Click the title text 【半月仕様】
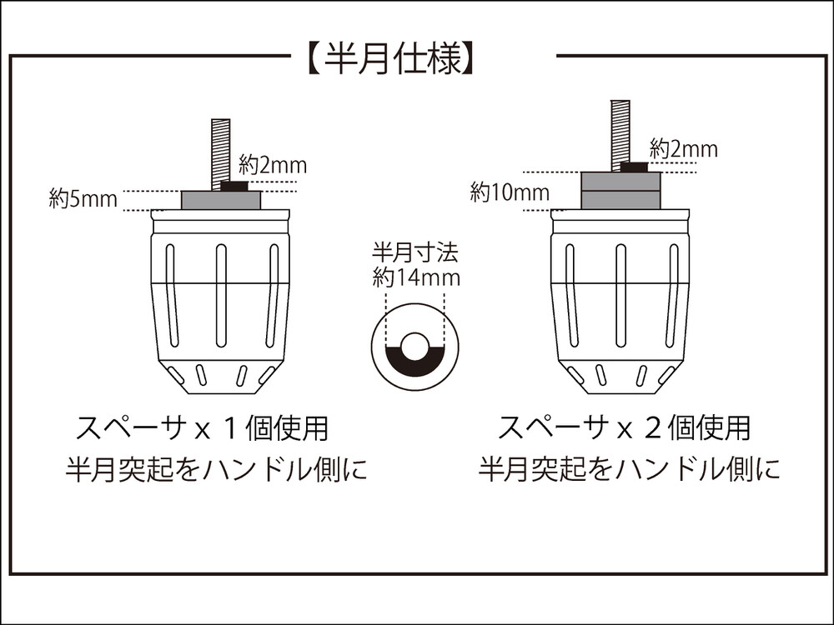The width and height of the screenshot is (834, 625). click(389, 57)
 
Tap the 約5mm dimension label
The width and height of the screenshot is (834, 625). click(83, 199)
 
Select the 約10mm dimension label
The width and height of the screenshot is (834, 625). click(510, 192)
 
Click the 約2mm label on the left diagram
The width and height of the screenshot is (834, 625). click(273, 166)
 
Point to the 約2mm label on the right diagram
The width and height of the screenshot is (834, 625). click(684, 149)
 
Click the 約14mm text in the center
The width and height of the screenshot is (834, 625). click(416, 278)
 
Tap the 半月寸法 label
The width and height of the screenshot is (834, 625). click(414, 252)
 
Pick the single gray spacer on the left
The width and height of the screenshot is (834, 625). click(221, 200)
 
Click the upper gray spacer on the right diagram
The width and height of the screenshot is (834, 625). click(620, 181)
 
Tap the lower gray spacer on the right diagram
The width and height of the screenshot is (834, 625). click(620, 200)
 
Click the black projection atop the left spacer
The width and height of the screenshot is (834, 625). click(234, 186)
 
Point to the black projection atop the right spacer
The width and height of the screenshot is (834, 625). click(635, 167)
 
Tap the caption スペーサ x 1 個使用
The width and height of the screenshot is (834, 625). click(202, 428)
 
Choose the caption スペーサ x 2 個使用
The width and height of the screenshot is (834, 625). click(623, 428)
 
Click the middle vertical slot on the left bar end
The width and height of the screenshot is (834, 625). click(221, 296)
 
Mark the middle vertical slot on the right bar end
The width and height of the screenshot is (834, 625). click(620, 296)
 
